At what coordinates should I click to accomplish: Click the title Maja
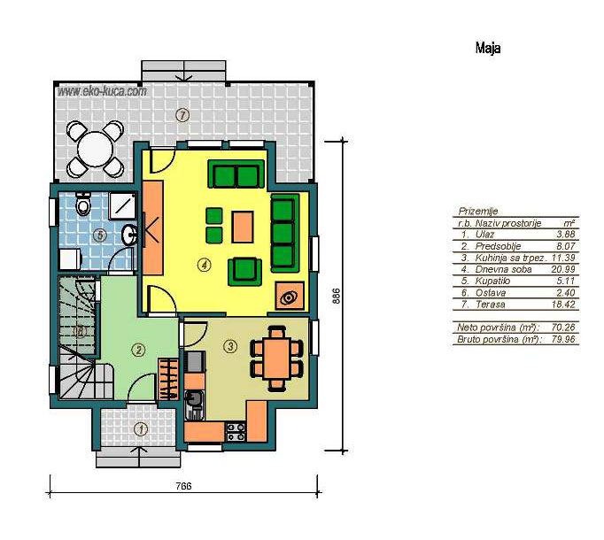(488, 48)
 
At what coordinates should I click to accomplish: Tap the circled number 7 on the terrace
(182, 115)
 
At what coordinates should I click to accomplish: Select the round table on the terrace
(96, 149)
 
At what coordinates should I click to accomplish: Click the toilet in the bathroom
(83, 204)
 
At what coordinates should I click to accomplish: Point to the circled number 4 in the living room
(204, 265)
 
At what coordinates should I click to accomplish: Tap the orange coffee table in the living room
(243, 227)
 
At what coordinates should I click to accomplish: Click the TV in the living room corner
(290, 296)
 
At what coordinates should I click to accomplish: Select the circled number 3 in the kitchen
(230, 346)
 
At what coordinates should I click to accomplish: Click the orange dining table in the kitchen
(276, 359)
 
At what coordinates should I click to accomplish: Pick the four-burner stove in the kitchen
(236, 432)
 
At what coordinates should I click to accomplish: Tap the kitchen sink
(194, 405)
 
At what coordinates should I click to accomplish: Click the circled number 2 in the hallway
(138, 350)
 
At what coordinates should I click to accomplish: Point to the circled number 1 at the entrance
(141, 428)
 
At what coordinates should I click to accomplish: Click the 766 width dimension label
(183, 486)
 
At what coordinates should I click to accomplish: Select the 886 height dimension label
(337, 297)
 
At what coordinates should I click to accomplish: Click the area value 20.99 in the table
(563, 269)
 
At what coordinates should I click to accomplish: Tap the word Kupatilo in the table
(492, 281)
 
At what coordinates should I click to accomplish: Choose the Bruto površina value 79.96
(563, 339)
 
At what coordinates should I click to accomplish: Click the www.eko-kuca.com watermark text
(102, 91)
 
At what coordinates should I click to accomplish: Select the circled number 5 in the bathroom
(100, 235)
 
